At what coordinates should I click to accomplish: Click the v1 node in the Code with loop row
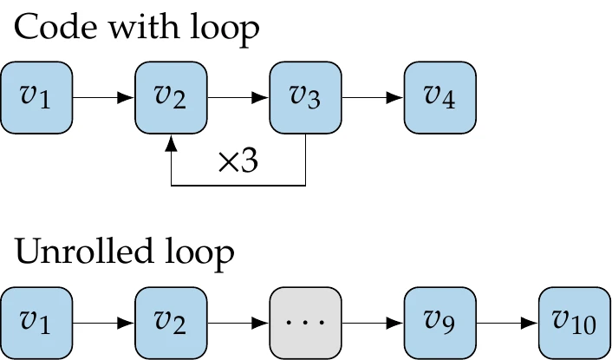pyautogui.click(x=36, y=97)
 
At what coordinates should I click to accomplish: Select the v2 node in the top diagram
pyautogui.click(x=171, y=97)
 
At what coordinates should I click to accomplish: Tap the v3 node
pyautogui.click(x=305, y=97)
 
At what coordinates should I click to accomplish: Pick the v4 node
pyautogui.click(x=439, y=97)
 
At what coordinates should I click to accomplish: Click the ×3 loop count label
pyautogui.click(x=238, y=163)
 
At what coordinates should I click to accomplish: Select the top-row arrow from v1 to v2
pyautogui.click(x=104, y=98)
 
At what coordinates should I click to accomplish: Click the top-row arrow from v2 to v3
pyautogui.click(x=238, y=98)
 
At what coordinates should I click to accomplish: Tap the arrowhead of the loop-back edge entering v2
pyautogui.click(x=172, y=141)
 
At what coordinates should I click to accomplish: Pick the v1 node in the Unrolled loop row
pyautogui.click(x=36, y=322)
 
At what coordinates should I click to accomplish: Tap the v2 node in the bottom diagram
pyautogui.click(x=171, y=322)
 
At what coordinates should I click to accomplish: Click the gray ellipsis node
pyautogui.click(x=305, y=322)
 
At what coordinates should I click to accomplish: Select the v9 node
pyautogui.click(x=439, y=322)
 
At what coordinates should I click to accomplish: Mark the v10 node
pyautogui.click(x=573, y=322)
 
